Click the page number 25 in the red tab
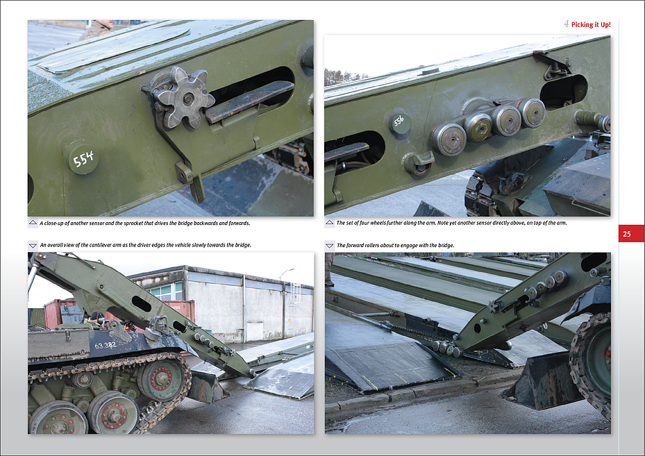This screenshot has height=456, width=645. pos(626,234)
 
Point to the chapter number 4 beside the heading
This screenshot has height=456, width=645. pos(567,24)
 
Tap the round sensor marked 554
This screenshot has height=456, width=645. pos(83,159)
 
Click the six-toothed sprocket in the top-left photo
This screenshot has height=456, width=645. pos(183,98)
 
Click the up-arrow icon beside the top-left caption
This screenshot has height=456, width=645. pos(33,223)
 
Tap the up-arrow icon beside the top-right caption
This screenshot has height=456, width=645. pos(330,223)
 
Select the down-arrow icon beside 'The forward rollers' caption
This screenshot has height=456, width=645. pos(330,246)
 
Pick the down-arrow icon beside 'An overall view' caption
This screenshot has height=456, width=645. pos(33,246)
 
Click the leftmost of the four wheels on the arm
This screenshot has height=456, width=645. pos(449,138)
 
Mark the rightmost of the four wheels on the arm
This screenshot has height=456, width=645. pos(532,112)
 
